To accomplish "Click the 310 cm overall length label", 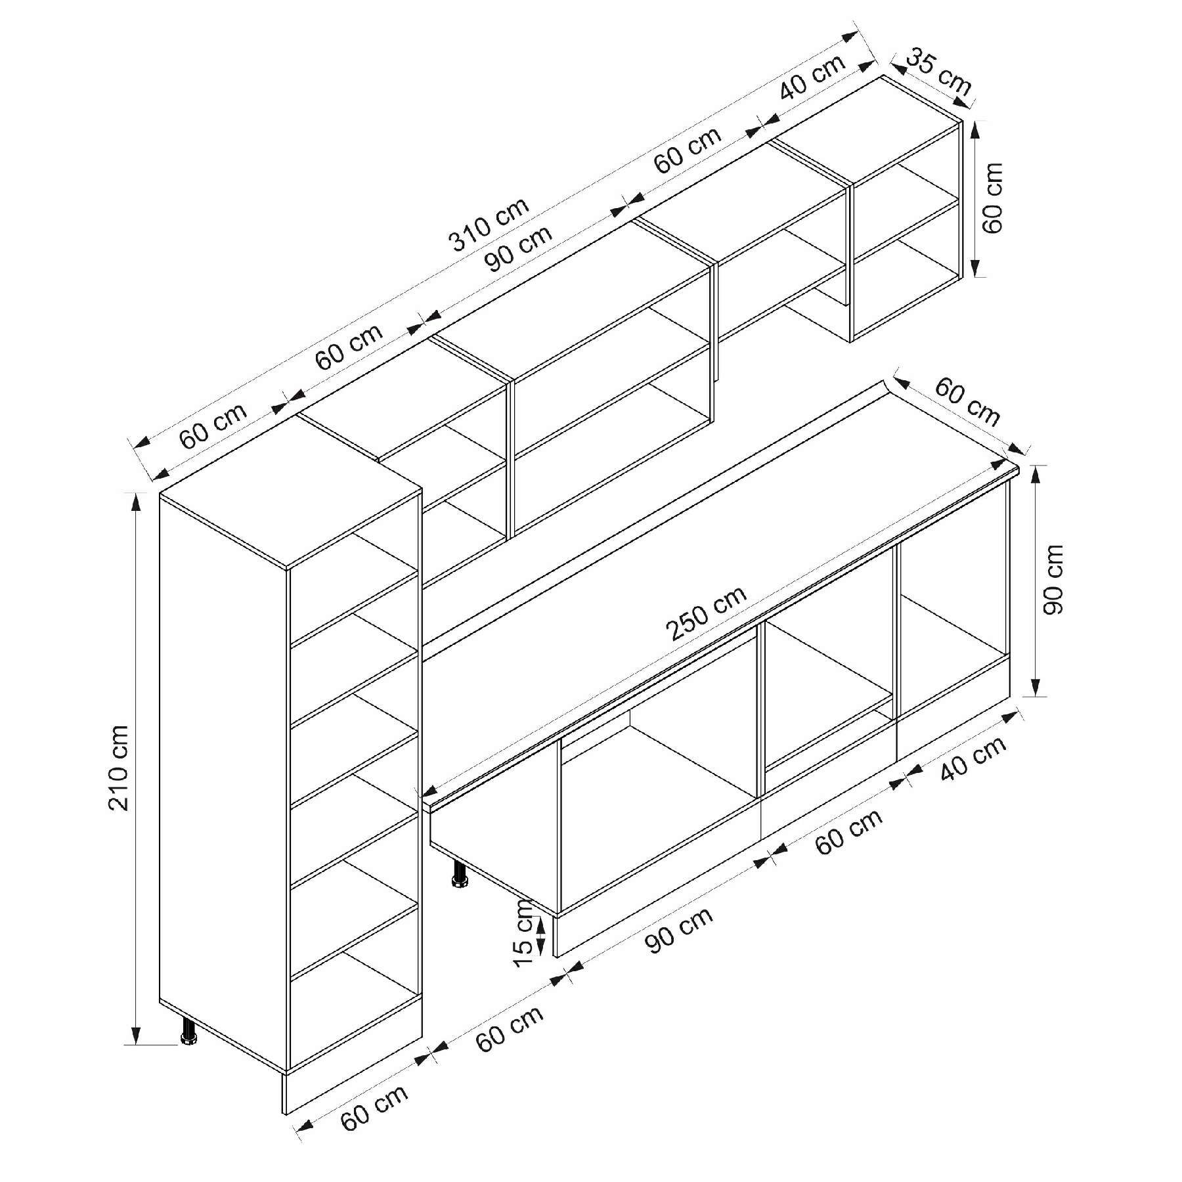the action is (489, 225).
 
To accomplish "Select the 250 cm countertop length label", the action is (706, 613).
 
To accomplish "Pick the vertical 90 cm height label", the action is (1052, 579).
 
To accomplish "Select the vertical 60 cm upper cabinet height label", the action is (992, 197).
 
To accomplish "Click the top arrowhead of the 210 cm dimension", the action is (136, 502).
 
